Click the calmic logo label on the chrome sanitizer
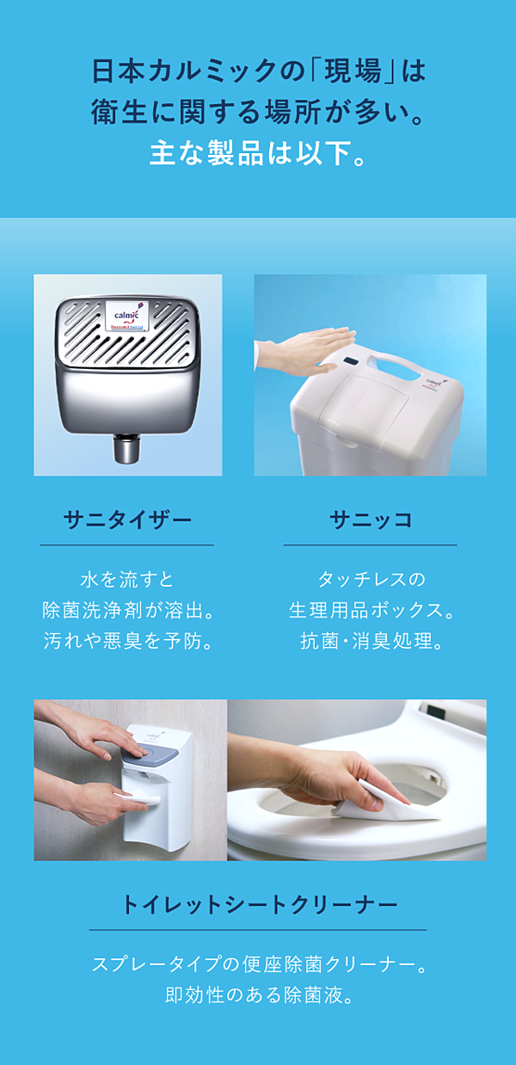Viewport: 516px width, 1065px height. [127, 317]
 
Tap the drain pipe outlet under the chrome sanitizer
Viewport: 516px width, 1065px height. [127, 447]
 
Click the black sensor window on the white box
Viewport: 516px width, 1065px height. [352, 362]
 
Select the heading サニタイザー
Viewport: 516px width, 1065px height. [127, 520]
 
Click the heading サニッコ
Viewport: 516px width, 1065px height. [371, 520]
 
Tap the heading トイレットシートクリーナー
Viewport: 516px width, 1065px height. [260, 904]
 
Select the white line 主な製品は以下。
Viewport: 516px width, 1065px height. [258, 153]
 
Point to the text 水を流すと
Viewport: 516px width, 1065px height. [127, 580]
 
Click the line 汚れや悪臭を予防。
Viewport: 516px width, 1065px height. [127, 641]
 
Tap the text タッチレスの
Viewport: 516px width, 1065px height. [371, 580]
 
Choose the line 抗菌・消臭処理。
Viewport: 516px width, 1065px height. [371, 641]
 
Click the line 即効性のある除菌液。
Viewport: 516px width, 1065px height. [259, 995]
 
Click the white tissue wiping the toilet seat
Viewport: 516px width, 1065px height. [390, 803]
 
